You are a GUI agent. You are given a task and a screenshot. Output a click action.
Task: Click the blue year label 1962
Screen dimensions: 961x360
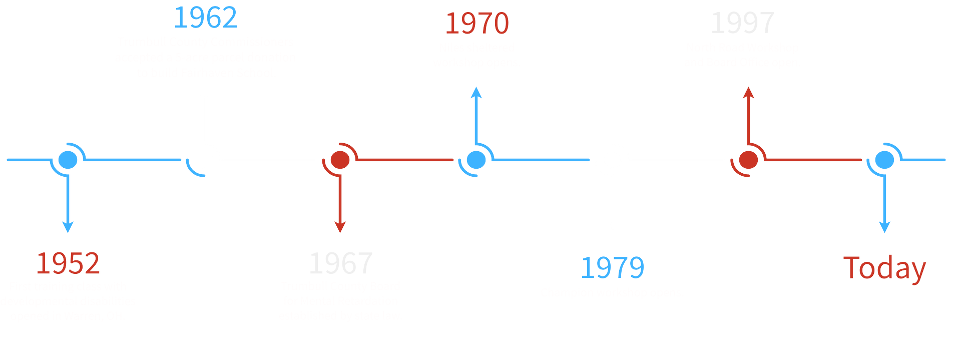(205, 18)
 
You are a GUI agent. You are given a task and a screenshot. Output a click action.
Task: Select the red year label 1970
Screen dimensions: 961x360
(477, 24)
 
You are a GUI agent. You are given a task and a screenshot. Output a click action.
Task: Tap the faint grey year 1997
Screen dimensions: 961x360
(743, 24)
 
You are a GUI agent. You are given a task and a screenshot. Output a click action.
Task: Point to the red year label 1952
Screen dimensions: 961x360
(68, 263)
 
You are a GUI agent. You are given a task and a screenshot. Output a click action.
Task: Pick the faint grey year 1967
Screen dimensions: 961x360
(341, 263)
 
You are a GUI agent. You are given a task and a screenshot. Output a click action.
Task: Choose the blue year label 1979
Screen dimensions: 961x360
(613, 268)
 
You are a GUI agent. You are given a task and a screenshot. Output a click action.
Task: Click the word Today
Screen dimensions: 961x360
(884, 268)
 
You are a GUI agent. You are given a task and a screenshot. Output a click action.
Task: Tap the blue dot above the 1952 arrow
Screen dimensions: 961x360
(68, 160)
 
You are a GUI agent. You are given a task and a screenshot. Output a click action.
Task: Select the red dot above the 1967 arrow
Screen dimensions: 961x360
(340, 160)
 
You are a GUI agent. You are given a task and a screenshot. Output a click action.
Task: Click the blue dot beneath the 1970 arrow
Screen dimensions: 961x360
(476, 160)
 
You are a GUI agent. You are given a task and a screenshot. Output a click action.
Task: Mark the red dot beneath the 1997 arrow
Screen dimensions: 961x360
(748, 160)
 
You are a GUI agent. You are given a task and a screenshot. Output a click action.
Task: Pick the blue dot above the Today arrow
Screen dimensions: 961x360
(884, 160)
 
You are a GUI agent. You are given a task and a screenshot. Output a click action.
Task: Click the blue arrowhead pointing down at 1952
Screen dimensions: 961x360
(68, 227)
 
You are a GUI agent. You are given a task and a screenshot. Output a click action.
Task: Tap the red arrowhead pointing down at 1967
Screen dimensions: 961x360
(340, 227)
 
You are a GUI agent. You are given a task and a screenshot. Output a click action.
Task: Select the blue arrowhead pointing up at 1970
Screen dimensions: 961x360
(476, 93)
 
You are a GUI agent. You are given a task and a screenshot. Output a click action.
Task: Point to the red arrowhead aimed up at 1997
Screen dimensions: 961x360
(748, 93)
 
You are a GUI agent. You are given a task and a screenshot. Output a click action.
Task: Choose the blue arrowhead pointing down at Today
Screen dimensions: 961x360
(884, 227)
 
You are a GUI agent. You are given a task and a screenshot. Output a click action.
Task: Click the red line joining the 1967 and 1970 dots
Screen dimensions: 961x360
(404, 160)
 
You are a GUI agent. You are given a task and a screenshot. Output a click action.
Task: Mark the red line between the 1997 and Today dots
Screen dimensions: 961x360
(813, 160)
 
